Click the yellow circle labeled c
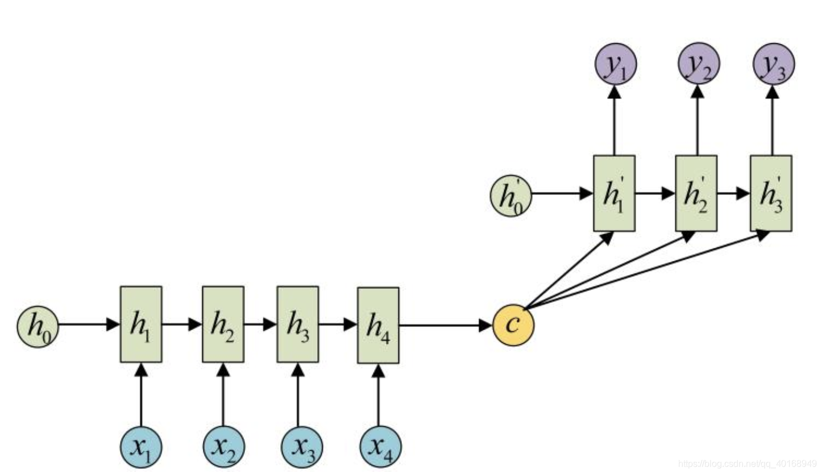tap(513, 325)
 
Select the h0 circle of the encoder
tap(38, 326)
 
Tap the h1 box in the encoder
tap(141, 324)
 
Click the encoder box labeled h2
tap(223, 324)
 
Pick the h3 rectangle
tap(298, 324)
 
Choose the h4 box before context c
tap(378, 325)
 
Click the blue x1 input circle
tap(141, 447)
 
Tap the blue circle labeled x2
tap(224, 447)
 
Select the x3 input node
tap(301, 447)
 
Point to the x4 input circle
tap(380, 447)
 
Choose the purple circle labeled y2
tap(699, 63)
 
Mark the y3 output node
tap(774, 64)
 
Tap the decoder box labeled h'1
tap(614, 193)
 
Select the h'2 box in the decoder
tap(696, 193)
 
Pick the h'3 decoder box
tap(771, 193)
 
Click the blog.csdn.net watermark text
tap(748, 464)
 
